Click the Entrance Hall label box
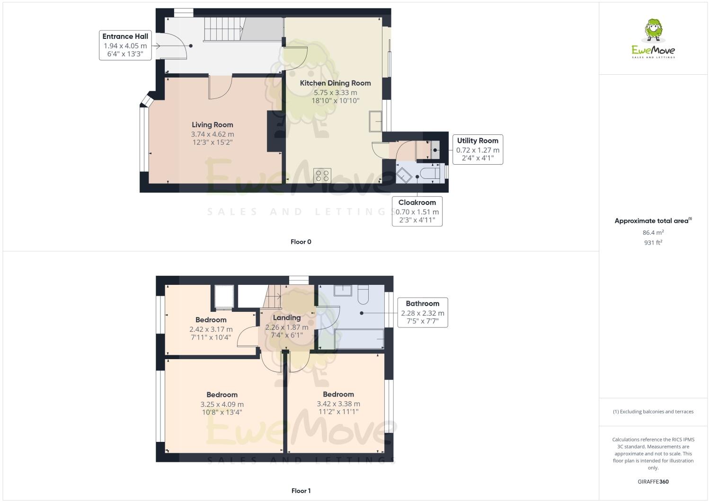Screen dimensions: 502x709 pyautogui.click(x=125, y=45)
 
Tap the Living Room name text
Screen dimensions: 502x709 pyautogui.click(x=212, y=125)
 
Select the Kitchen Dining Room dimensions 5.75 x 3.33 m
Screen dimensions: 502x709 pyautogui.click(x=335, y=93)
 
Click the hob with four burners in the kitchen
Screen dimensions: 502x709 pyautogui.click(x=323, y=176)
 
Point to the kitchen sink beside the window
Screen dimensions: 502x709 pyautogui.click(x=376, y=120)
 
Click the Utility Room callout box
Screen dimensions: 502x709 pyautogui.click(x=477, y=149)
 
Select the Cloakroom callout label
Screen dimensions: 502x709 pyautogui.click(x=417, y=211)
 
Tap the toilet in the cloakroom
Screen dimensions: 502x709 pyautogui.click(x=431, y=173)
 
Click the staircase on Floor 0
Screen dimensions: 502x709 pyautogui.click(x=223, y=29)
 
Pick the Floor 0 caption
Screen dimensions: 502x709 pyautogui.click(x=301, y=242)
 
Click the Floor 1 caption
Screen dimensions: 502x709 pyautogui.click(x=301, y=491)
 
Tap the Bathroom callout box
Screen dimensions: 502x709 pyautogui.click(x=422, y=312)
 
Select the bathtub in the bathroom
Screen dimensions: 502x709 pyautogui.click(x=359, y=339)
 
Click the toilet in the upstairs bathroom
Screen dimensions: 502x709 pyautogui.click(x=363, y=295)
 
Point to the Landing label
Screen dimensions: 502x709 pyautogui.click(x=286, y=317)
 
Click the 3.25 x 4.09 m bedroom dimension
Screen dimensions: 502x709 pyautogui.click(x=222, y=405)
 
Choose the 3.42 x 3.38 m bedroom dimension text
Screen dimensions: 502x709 pyautogui.click(x=338, y=404)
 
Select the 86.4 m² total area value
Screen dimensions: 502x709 pyautogui.click(x=653, y=232)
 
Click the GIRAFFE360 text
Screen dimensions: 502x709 pyautogui.click(x=653, y=482)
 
